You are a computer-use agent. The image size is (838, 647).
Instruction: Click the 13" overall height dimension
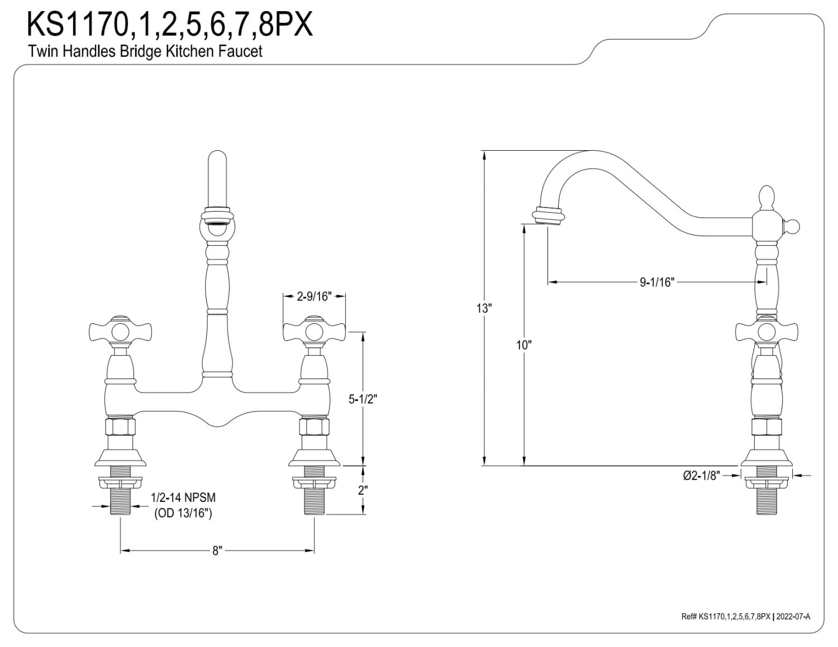pos(484,308)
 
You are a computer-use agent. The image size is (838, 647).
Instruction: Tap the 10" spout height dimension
pos(523,345)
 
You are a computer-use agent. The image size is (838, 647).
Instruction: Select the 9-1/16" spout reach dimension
pos(658,282)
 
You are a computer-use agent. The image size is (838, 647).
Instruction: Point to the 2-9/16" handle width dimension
pos(314,296)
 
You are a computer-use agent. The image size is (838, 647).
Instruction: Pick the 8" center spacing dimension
pos(217,551)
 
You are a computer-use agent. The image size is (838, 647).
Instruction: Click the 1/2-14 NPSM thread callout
pos(183,497)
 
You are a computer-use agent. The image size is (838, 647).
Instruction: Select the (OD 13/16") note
pos(183,512)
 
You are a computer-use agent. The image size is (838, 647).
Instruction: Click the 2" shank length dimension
pos(363,491)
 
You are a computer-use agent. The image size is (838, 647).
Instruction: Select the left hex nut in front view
pos(120,426)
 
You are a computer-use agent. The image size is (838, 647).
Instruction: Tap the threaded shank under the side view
pos(766,501)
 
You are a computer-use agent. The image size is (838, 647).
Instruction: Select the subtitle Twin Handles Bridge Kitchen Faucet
pos(145,51)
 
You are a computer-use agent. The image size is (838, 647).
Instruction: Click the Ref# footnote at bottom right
pos(745,616)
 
